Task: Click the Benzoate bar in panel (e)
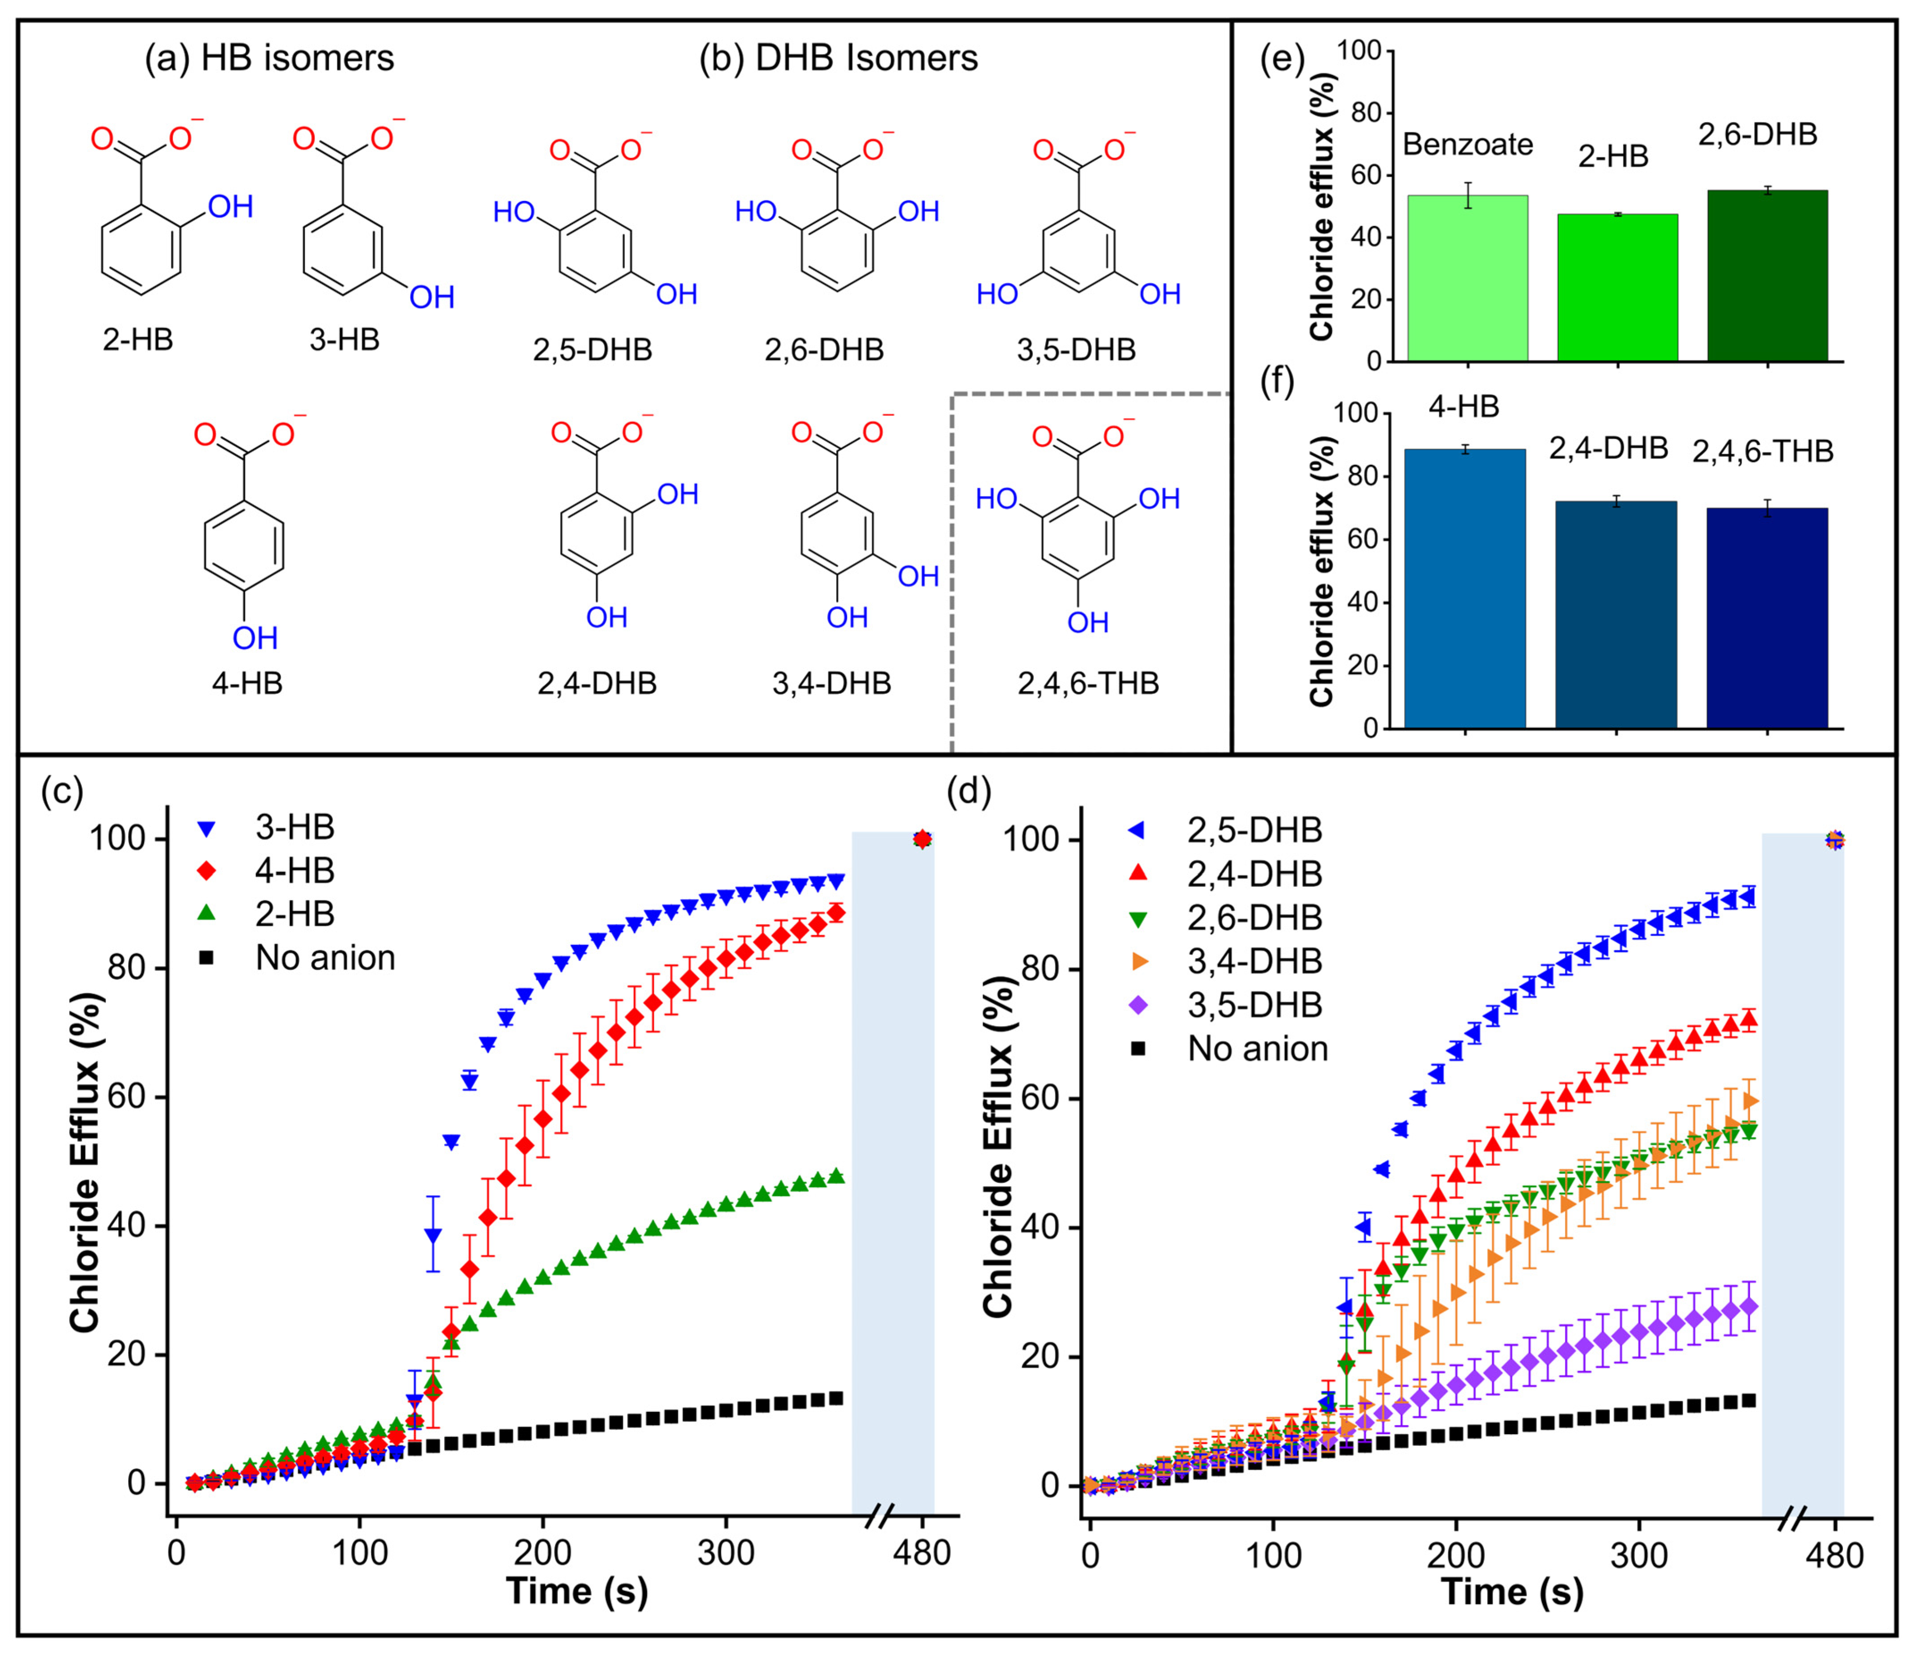click(x=1467, y=277)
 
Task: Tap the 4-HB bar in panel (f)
click(x=1465, y=588)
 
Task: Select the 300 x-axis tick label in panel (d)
click(x=1638, y=1554)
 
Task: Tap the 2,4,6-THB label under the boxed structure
click(x=1088, y=683)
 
